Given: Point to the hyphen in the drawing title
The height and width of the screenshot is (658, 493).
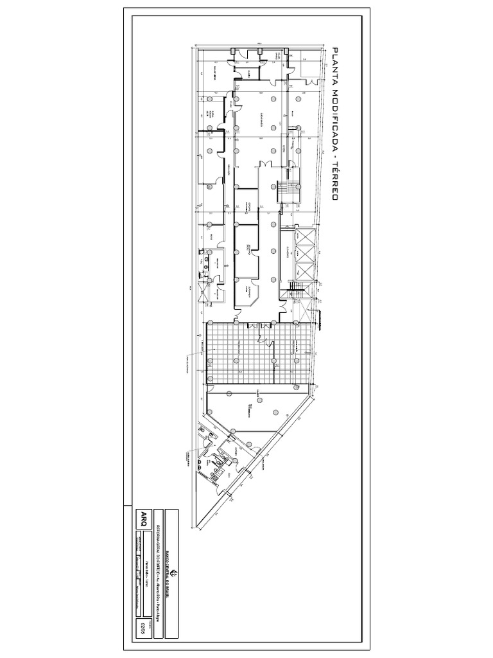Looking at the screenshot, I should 334,156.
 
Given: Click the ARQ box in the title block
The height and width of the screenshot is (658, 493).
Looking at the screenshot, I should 143,521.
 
